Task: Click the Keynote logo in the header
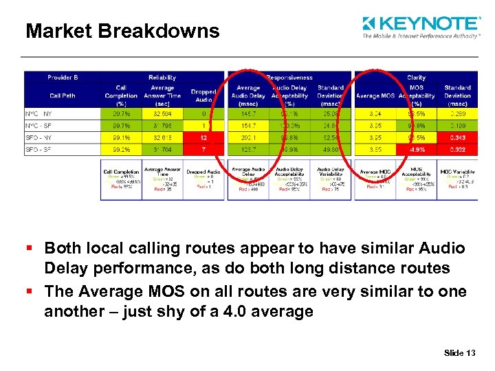click(421, 27)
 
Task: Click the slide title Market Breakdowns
click(122, 31)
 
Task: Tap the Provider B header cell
click(63, 78)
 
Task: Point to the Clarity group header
click(416, 78)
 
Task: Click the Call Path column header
click(63, 95)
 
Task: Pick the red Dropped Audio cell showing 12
click(203, 137)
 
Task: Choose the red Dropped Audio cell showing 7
click(203, 150)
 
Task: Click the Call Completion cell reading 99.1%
click(122, 137)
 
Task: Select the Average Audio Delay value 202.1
click(248, 137)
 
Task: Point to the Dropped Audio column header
click(203, 95)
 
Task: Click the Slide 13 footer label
click(459, 353)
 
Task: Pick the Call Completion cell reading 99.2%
click(122, 150)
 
